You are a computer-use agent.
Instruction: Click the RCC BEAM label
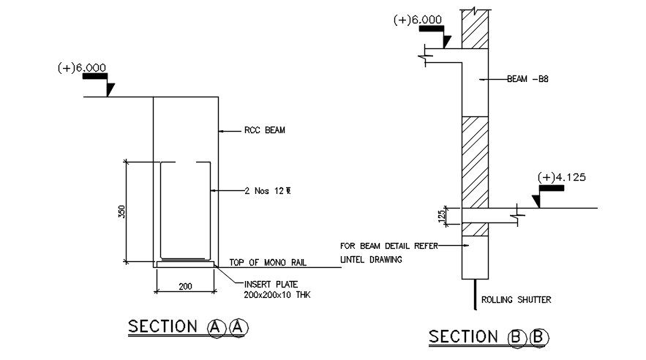[x=264, y=131]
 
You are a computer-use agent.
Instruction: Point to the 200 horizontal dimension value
[x=185, y=286]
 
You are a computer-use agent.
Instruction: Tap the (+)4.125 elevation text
[x=562, y=177]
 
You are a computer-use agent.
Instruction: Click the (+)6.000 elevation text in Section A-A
[x=82, y=68]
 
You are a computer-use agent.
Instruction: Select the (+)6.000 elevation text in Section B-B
[x=417, y=20]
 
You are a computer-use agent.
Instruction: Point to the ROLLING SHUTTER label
[x=515, y=299]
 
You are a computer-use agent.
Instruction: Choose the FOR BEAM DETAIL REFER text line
[x=388, y=246]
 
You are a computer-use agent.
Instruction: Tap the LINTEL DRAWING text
[x=372, y=259]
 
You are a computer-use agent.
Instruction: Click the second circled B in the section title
[x=538, y=337]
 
